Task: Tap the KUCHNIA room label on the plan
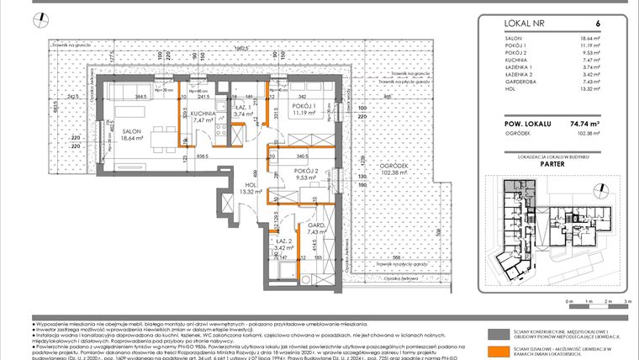click(204, 114)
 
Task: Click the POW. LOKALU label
click(510, 123)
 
